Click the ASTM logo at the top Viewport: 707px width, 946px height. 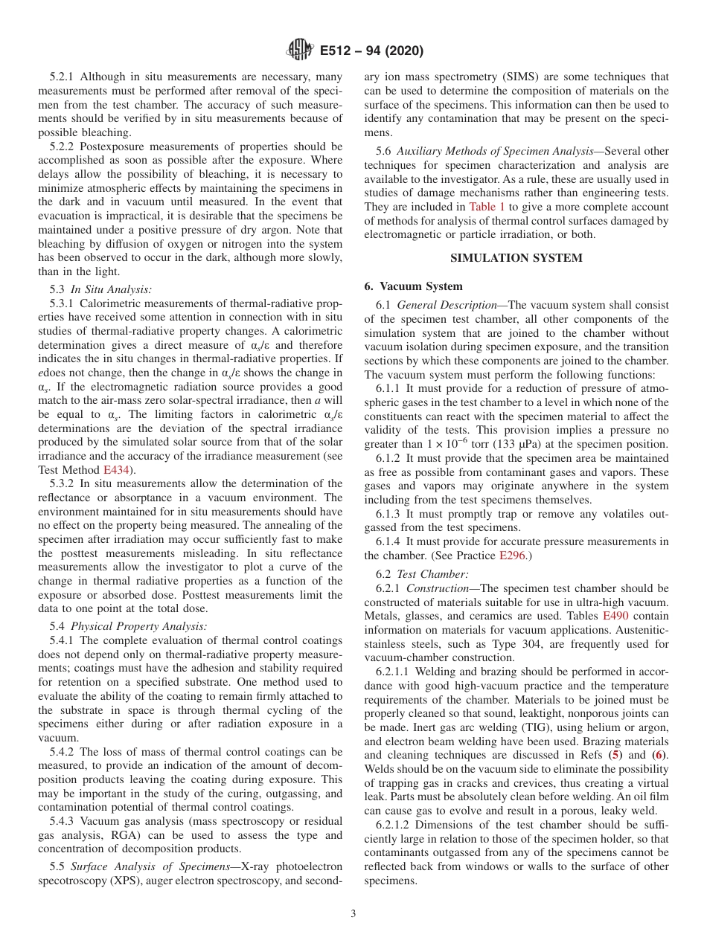(x=299, y=51)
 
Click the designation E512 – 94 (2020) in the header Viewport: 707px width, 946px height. (x=371, y=51)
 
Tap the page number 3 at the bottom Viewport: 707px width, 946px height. (x=353, y=914)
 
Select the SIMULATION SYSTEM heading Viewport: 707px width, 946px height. (x=516, y=258)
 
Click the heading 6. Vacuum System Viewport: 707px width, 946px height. (x=413, y=286)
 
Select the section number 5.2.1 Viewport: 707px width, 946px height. (x=64, y=77)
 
